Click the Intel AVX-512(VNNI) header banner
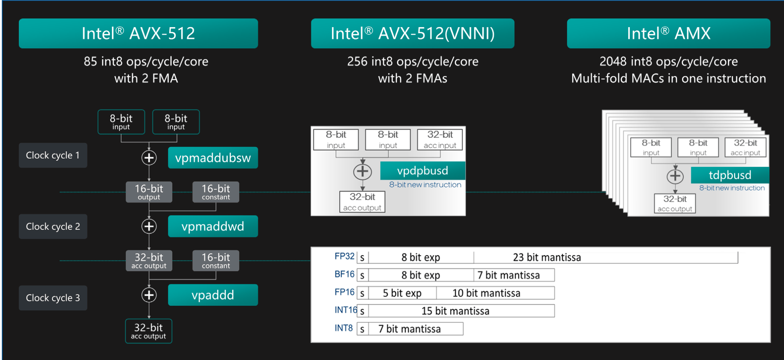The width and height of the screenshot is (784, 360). (x=412, y=33)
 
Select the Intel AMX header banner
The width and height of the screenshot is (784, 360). (x=668, y=33)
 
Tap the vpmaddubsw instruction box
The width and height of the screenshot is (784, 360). (x=213, y=158)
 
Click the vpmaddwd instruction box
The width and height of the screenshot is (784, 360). (x=213, y=226)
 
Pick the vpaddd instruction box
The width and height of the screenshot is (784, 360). (x=213, y=295)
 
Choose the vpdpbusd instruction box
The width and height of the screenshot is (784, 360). (x=422, y=171)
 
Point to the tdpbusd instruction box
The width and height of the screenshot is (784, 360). (x=730, y=175)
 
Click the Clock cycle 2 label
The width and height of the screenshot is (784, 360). (x=53, y=226)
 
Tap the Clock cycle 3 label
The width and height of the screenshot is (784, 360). (x=53, y=298)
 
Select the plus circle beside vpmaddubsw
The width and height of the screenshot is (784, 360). (x=149, y=158)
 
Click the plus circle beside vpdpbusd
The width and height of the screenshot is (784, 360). (x=362, y=172)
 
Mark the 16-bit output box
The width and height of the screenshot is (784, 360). (x=149, y=192)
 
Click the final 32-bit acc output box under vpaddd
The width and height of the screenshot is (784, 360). (x=148, y=331)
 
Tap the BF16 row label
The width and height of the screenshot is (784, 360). (x=344, y=274)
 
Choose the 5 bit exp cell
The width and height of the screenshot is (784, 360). (x=402, y=293)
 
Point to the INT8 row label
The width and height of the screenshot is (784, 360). (x=343, y=328)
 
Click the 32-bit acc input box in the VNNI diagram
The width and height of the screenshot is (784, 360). (x=440, y=139)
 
